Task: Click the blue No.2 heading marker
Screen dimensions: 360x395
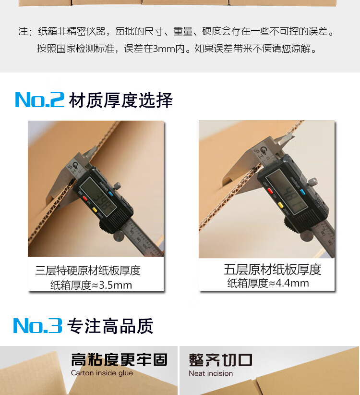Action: (39, 100)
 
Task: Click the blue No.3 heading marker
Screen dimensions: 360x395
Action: (37, 325)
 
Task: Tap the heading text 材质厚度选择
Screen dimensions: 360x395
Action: (121, 100)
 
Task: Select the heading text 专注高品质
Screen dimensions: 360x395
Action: (110, 326)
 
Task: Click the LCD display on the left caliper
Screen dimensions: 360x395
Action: (98, 196)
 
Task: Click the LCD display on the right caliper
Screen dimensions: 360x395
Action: (287, 192)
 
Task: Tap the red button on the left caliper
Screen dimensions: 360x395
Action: (84, 199)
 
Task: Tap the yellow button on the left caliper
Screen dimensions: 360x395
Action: (95, 210)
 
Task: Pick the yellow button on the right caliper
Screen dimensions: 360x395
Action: (280, 205)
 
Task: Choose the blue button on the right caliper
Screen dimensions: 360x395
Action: (303, 193)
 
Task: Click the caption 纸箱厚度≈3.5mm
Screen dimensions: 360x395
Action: (91, 285)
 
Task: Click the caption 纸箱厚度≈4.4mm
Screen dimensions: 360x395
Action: (268, 283)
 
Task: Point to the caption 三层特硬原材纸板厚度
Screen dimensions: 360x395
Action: (88, 271)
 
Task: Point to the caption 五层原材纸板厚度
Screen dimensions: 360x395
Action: (273, 269)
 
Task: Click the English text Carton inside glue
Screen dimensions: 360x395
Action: (102, 373)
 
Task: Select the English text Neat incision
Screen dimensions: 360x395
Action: (211, 373)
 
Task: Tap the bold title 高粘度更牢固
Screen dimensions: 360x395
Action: (119, 359)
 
